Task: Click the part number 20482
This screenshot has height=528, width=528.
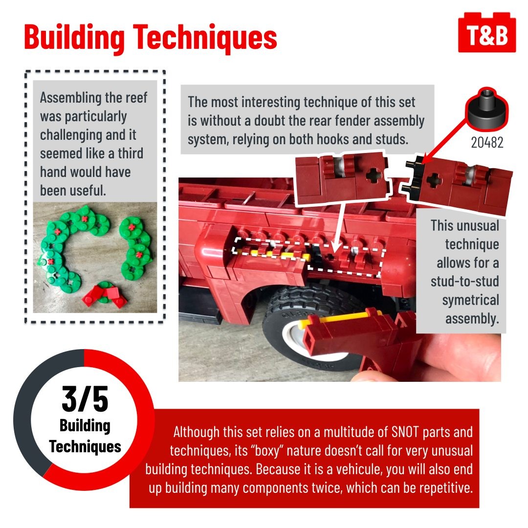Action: (487, 143)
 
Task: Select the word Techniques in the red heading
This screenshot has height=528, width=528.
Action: (205, 37)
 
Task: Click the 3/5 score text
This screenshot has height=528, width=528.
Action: (85, 399)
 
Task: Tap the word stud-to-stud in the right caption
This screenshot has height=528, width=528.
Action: (465, 281)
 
